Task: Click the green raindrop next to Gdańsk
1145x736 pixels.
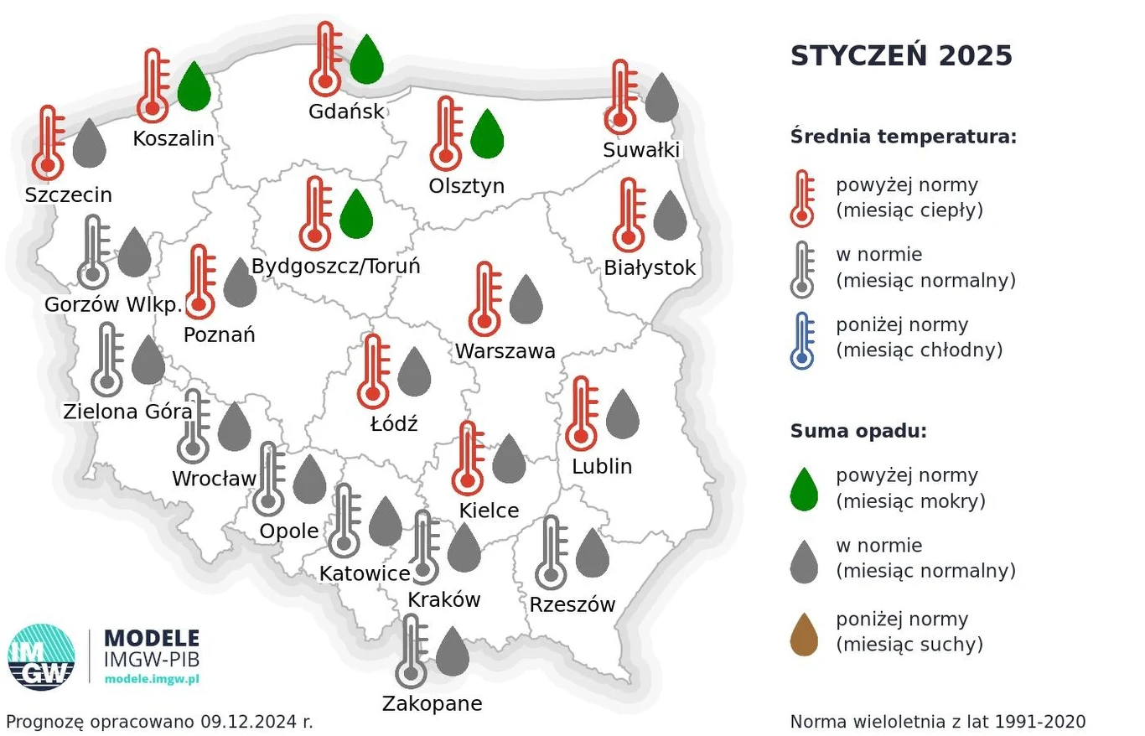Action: [366, 60]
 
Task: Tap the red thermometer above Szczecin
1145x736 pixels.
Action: [48, 143]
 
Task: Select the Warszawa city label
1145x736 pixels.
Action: [505, 351]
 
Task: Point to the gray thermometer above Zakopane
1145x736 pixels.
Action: [411, 650]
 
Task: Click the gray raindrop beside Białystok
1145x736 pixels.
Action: [670, 216]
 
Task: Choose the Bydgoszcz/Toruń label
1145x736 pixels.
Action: [336, 267]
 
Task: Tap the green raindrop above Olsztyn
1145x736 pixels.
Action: [487, 135]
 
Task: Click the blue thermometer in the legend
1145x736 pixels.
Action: [802, 340]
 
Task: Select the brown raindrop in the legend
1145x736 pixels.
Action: [804, 635]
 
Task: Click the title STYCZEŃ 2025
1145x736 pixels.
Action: [901, 56]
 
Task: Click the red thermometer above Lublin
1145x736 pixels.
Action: [581, 414]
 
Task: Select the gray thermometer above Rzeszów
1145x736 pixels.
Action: [551, 552]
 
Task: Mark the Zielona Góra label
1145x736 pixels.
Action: [127, 412]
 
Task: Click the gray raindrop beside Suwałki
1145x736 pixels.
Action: [661, 97]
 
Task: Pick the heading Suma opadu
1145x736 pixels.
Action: [858, 432]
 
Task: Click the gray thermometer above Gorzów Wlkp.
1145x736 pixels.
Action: [93, 252]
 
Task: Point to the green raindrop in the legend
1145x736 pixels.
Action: [804, 490]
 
